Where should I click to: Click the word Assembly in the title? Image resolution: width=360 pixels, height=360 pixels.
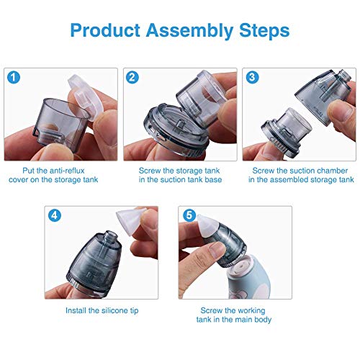click(x=189, y=31)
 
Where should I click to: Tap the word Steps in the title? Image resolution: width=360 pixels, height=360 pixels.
click(x=264, y=30)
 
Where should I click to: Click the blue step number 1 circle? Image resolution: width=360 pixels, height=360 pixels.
click(x=14, y=78)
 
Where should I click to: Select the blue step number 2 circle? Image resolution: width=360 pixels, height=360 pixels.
click(x=132, y=78)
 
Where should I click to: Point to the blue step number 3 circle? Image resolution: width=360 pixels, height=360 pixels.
click(x=252, y=77)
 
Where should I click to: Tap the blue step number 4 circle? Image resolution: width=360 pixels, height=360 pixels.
click(x=55, y=215)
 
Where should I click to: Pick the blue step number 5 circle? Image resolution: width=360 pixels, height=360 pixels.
click(x=189, y=215)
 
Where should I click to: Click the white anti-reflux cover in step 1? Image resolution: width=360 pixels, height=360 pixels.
click(x=86, y=95)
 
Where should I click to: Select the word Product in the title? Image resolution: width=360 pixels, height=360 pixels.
click(x=105, y=31)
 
